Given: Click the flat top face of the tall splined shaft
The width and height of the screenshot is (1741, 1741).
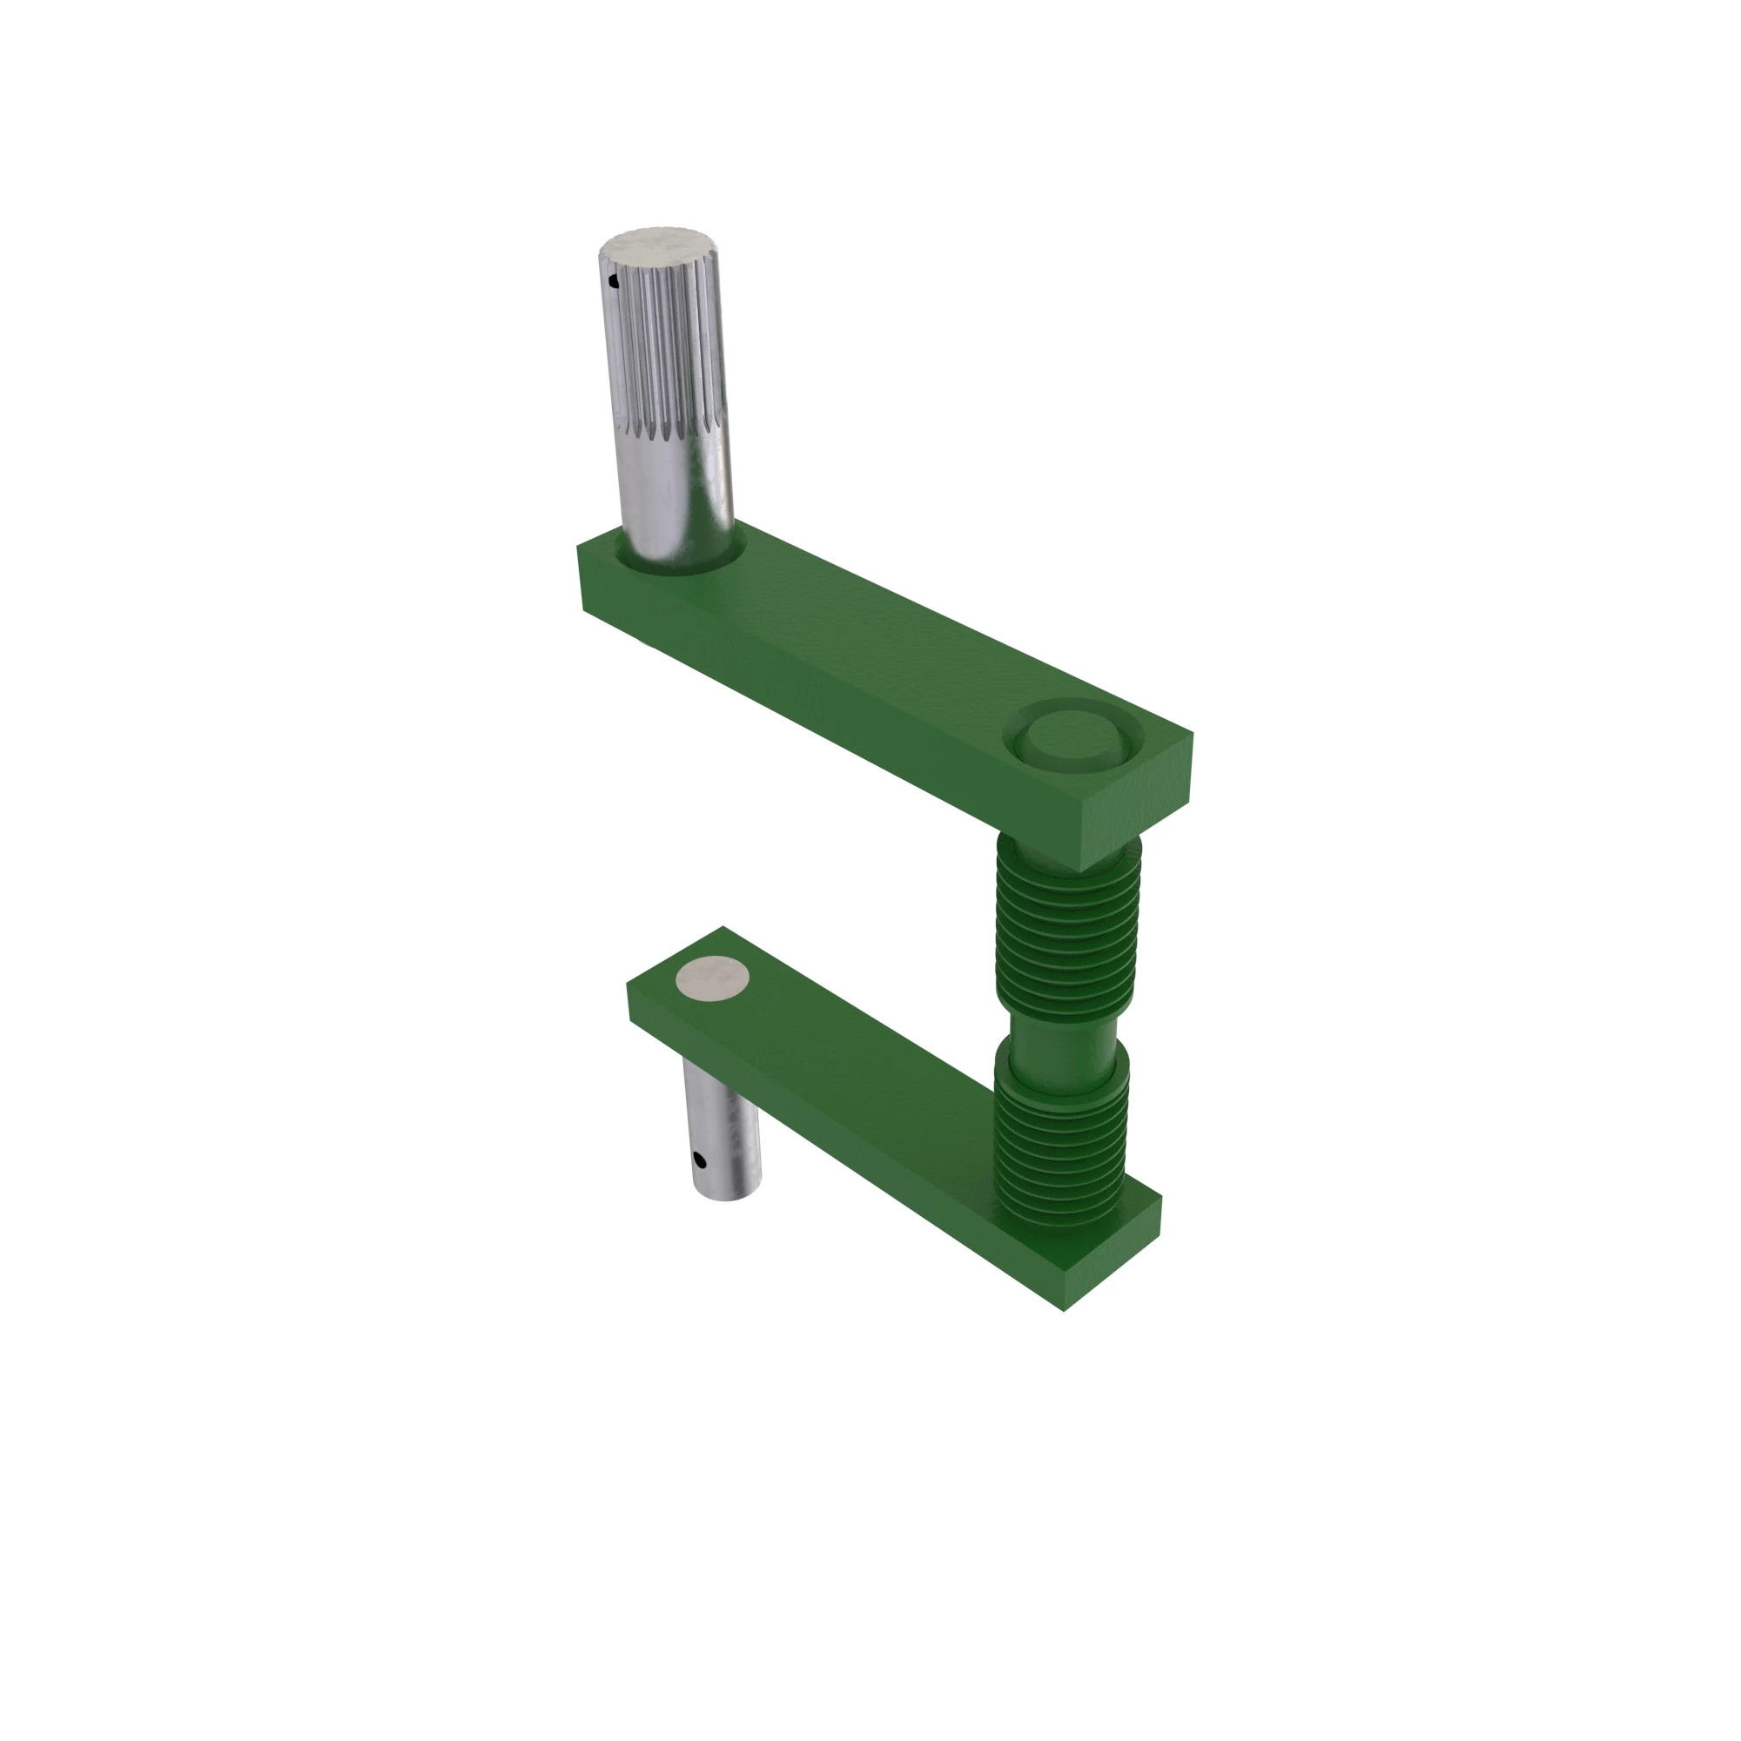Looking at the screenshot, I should pos(657,246).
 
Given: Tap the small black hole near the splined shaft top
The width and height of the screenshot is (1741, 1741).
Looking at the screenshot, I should pos(615,282).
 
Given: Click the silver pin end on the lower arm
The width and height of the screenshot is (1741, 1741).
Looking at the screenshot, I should pos(713,978).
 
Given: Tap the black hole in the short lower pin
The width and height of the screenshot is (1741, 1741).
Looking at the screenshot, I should pos(699,1160).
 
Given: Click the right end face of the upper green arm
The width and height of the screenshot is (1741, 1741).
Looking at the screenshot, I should pos(1135,811).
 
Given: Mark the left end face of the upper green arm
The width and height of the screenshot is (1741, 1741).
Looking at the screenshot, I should pos(581,577).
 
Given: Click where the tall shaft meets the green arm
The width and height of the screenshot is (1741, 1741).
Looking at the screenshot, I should pos(685,563).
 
